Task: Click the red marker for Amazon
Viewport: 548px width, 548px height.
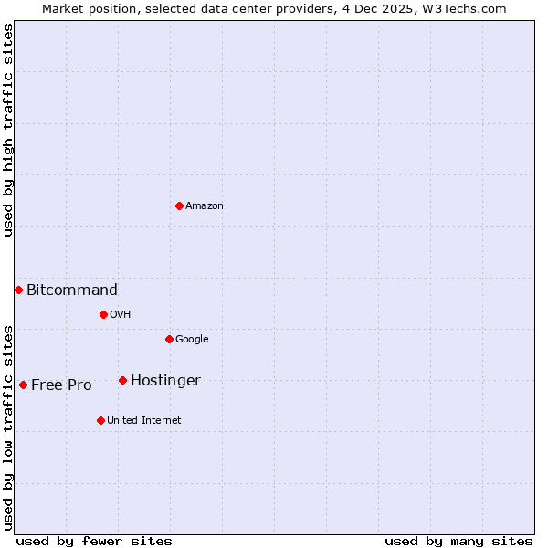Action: pos(179,205)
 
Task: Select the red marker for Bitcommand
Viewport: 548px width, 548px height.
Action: pos(18,290)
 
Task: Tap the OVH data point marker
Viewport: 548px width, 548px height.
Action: pos(103,314)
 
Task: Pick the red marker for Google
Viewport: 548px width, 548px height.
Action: pos(169,339)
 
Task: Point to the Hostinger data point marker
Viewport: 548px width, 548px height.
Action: pos(122,380)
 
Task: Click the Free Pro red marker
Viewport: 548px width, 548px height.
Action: pos(23,385)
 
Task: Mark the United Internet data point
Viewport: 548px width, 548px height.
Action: pos(100,420)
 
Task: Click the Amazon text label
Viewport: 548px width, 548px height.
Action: pos(205,206)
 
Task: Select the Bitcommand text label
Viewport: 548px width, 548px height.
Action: pos(72,290)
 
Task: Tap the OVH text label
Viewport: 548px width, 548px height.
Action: pos(121,315)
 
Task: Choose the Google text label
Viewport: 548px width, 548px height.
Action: pos(192,340)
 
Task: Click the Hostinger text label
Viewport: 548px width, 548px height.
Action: pos(165,381)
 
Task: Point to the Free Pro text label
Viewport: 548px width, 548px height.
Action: pos(61,385)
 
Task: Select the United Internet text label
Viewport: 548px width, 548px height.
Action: pos(143,421)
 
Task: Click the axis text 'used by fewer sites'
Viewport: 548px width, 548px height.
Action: pos(94,541)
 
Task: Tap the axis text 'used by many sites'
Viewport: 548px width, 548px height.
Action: pos(458,541)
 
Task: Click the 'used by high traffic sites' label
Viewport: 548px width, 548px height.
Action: pos(8,130)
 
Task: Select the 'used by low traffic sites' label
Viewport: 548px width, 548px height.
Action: pos(8,427)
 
